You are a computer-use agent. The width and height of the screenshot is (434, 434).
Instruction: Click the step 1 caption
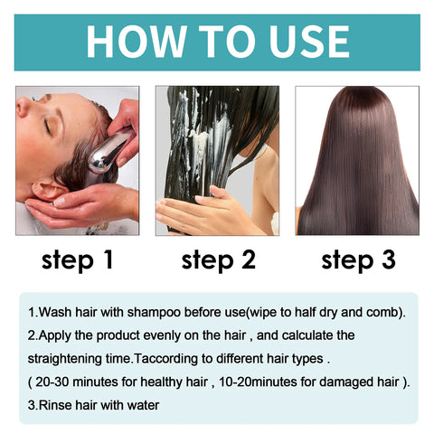(77, 260)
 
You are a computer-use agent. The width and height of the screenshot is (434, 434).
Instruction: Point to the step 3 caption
(359, 260)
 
